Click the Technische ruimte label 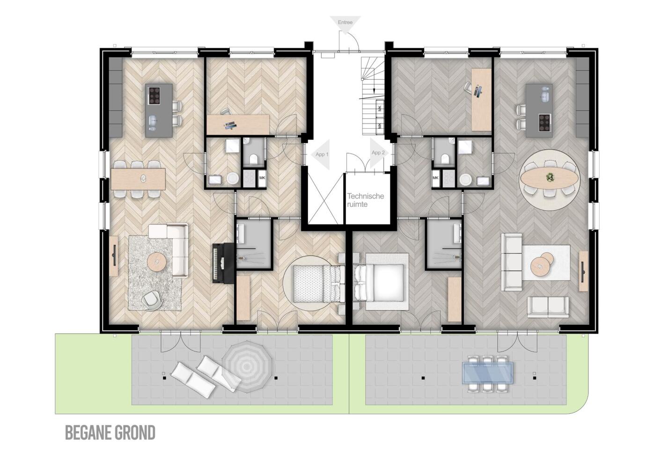tap(366, 200)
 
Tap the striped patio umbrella tap(247, 366)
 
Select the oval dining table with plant tap(550, 177)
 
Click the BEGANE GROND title tap(110, 433)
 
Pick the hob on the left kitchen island tap(153, 95)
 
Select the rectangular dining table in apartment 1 tap(138, 179)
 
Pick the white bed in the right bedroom tap(380, 283)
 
